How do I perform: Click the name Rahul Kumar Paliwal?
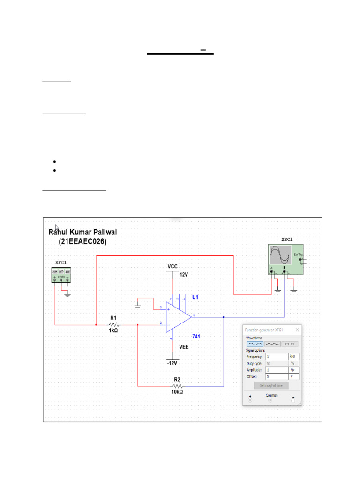pyautogui.click(x=83, y=232)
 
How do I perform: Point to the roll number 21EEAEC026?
pyautogui.click(x=83, y=242)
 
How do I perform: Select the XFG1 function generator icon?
pyautogui.click(x=61, y=275)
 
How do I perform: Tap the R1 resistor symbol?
pyautogui.click(x=113, y=324)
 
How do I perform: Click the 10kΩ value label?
pyautogui.click(x=177, y=392)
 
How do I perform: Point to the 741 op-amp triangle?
pyautogui.click(x=178, y=317)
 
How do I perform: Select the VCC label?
pyautogui.click(x=172, y=266)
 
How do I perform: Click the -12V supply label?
pyautogui.click(x=172, y=363)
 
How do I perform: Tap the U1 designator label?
pyautogui.click(x=195, y=298)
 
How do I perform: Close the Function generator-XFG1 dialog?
pyautogui.click(x=297, y=330)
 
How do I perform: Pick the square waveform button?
pyautogui.click(x=290, y=344)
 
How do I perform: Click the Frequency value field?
pyautogui.click(x=277, y=356)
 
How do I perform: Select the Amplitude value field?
pyautogui.click(x=277, y=370)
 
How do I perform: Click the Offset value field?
pyautogui.click(x=277, y=376)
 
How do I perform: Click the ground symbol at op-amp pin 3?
pyautogui.click(x=138, y=306)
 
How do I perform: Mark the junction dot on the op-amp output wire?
pyautogui.click(x=224, y=317)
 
